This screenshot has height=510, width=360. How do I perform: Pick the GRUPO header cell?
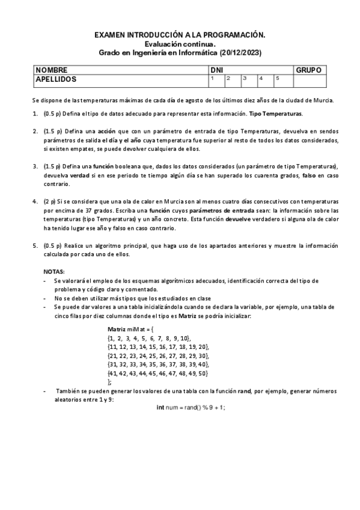(x=309, y=70)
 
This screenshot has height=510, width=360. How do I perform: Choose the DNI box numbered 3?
(x=248, y=80)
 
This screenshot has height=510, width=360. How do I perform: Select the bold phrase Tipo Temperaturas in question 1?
(x=275, y=114)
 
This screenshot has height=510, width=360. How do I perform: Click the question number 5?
(x=34, y=245)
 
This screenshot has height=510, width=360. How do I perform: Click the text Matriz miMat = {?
(x=130, y=330)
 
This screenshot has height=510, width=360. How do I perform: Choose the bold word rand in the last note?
(x=244, y=391)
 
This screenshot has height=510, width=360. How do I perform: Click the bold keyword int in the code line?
(x=160, y=407)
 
